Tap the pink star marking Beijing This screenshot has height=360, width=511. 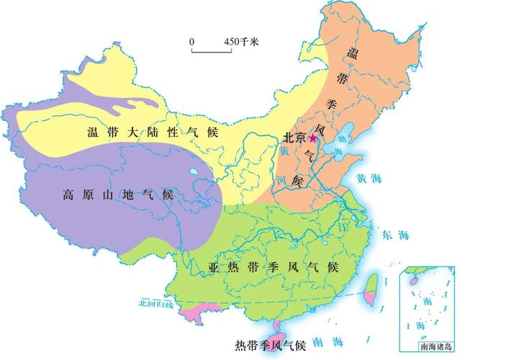313,138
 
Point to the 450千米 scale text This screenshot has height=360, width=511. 241,42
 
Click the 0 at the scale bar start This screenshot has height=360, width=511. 192,42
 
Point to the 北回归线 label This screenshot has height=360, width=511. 156,304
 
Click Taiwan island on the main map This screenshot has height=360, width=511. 372,289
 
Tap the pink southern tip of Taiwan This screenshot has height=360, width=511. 371,300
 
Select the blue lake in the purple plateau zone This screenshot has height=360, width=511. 195,173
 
